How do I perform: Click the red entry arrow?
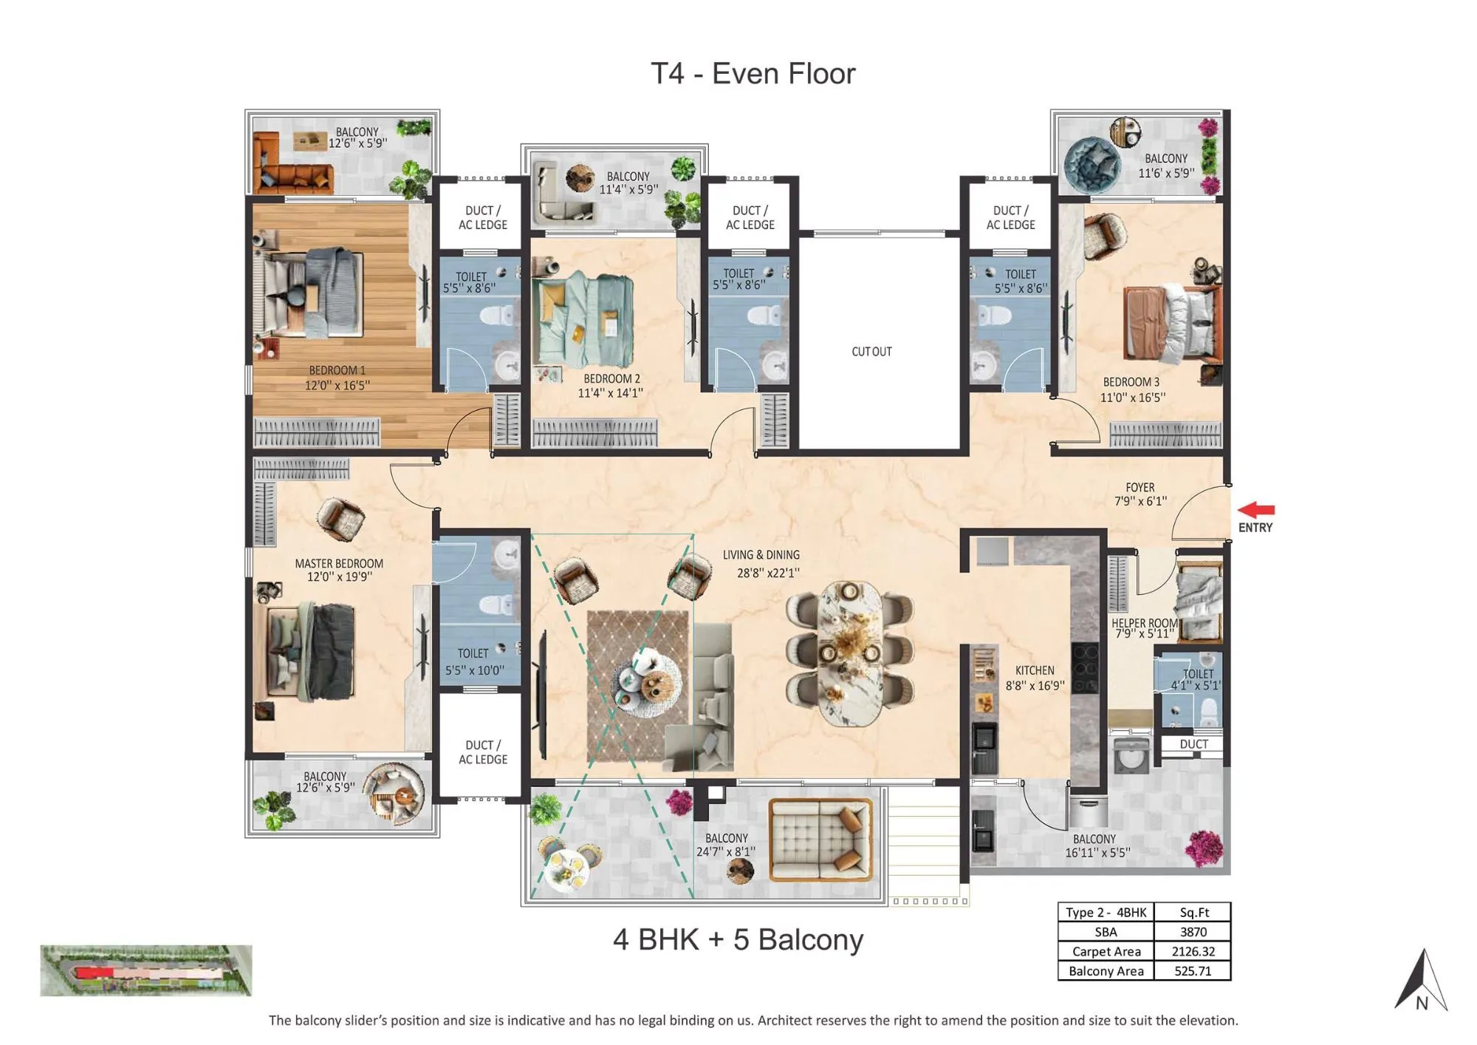click(1256, 510)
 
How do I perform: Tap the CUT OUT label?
click(871, 352)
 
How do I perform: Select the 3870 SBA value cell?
click(1193, 932)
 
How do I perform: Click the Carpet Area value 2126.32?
click(1193, 952)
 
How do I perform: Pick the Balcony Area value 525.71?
click(1193, 971)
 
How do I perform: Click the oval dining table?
click(850, 653)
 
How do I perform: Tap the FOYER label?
click(1140, 488)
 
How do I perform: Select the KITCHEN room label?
click(1034, 670)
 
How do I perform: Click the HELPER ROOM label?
click(1144, 623)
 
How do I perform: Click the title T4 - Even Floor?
click(753, 74)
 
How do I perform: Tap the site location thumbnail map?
click(145, 970)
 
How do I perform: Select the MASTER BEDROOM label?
click(339, 563)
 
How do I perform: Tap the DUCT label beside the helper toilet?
click(1193, 744)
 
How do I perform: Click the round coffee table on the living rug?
click(648, 684)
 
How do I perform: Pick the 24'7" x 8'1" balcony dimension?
click(725, 852)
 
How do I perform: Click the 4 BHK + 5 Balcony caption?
click(738, 940)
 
